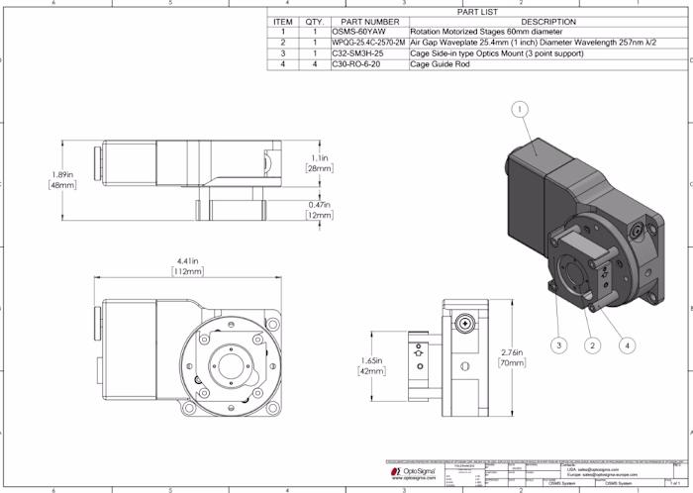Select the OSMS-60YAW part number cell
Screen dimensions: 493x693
click(368, 32)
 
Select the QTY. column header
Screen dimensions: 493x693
click(315, 22)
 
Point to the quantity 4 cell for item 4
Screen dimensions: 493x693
click(315, 64)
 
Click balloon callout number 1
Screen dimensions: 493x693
click(522, 109)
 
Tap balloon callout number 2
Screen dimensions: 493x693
click(591, 345)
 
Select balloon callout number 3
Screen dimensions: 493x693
click(559, 345)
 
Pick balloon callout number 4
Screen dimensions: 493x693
click(627, 345)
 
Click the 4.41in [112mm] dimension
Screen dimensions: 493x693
click(188, 265)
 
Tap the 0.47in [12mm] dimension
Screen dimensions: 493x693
click(319, 210)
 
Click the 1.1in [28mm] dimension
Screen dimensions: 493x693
click(319, 163)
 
